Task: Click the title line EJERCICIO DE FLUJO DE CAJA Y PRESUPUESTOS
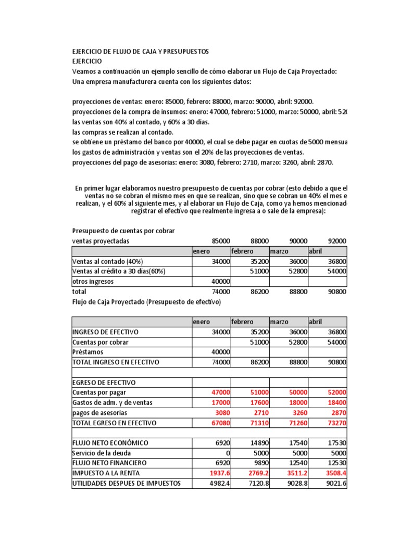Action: (140, 52)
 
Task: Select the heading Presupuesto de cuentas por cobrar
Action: (123, 231)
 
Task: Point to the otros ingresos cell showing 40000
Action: (220, 282)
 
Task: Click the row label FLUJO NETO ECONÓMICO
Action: (110, 443)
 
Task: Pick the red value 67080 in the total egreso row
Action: (220, 423)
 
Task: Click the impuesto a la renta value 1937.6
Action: (219, 473)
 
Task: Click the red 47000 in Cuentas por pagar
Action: (220, 393)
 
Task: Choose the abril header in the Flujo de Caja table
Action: (316, 322)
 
